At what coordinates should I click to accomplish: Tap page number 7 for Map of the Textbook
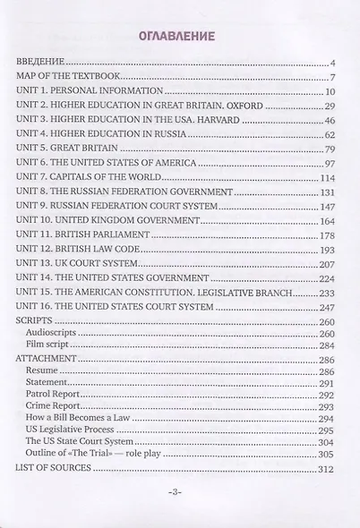click(x=330, y=77)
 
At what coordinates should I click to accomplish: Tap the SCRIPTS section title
click(x=36, y=346)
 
